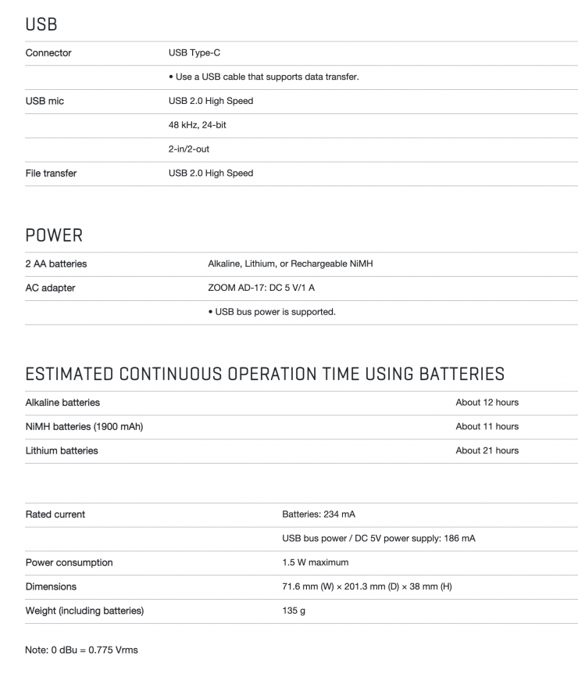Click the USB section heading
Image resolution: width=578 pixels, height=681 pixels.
[41, 24]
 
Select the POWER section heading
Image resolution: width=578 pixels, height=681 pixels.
[54, 235]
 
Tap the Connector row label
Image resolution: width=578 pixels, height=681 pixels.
[48, 53]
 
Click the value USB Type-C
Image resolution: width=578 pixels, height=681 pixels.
[194, 53]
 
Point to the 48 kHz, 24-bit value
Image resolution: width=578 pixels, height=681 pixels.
[198, 125]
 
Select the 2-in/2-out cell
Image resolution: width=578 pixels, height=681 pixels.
[189, 149]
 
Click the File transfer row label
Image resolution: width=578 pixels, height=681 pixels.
[52, 173]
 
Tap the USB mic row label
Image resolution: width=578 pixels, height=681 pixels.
[45, 101]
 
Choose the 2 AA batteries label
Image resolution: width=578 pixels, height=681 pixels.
[56, 263]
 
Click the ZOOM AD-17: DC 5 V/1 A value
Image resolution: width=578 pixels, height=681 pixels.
[262, 288]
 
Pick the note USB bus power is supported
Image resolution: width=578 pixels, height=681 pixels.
[272, 312]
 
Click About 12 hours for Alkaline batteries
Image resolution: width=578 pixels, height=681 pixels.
[487, 403]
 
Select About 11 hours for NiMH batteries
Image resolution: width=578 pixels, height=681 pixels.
[487, 426]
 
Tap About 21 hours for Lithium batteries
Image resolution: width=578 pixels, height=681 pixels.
[487, 450]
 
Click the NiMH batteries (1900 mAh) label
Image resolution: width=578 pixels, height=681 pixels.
[84, 426]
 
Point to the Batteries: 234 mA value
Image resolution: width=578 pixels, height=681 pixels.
[319, 514]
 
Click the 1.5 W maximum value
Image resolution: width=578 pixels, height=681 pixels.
[316, 562]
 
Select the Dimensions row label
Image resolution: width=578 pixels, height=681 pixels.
[52, 586]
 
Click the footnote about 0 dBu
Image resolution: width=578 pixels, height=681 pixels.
[81, 650]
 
